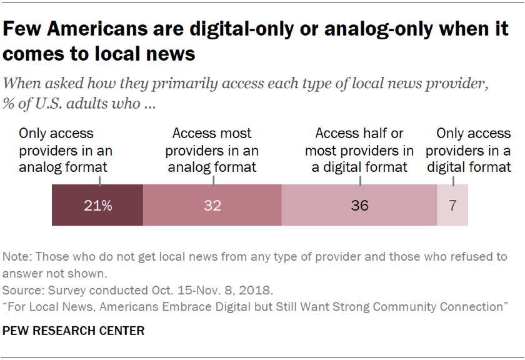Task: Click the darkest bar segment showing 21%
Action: [x=97, y=205]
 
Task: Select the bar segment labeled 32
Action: [x=212, y=205]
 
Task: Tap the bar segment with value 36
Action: [x=359, y=205]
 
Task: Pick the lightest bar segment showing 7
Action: [x=452, y=205]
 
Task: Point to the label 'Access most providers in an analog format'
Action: [x=212, y=150]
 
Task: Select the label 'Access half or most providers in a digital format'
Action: [x=359, y=150]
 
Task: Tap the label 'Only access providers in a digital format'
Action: [x=469, y=150]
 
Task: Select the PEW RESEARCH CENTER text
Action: [x=74, y=331]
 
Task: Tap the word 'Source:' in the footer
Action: [x=22, y=291]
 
